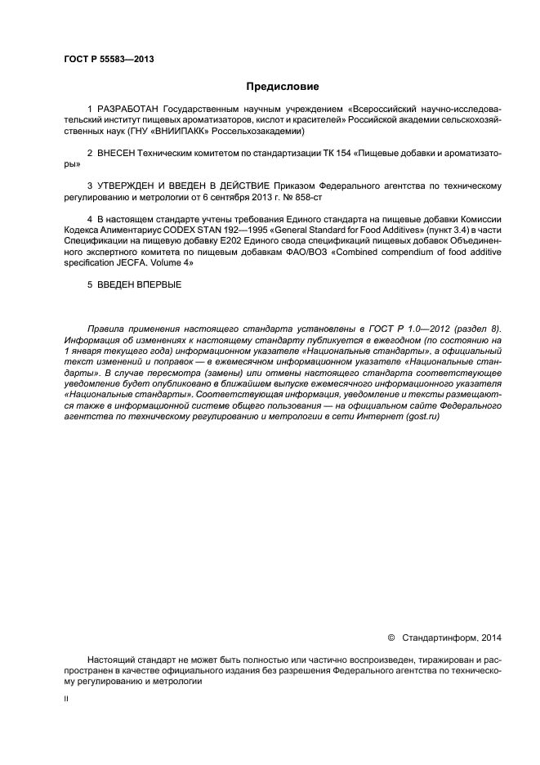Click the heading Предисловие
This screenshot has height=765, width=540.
[x=283, y=86]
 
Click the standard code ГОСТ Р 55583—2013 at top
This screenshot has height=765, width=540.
[x=109, y=60]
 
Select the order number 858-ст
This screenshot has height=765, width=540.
[x=310, y=198]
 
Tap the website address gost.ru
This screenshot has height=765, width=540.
[x=424, y=416]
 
